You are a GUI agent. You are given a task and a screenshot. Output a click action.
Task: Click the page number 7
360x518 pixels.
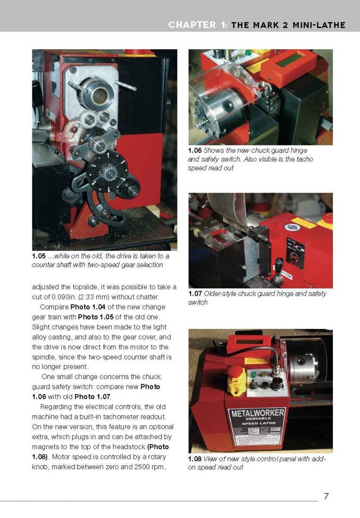(326, 496)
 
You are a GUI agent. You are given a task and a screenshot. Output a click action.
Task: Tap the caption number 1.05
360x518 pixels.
(38, 256)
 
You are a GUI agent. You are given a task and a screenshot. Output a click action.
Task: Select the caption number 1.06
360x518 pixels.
(195, 151)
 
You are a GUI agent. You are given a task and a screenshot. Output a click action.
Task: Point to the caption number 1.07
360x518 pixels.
(195, 294)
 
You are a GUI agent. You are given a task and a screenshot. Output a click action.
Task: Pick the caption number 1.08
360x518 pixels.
(195, 459)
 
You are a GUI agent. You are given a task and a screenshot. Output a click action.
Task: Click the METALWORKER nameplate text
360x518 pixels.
(258, 413)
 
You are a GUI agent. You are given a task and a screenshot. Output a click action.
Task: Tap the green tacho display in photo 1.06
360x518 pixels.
(288, 62)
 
